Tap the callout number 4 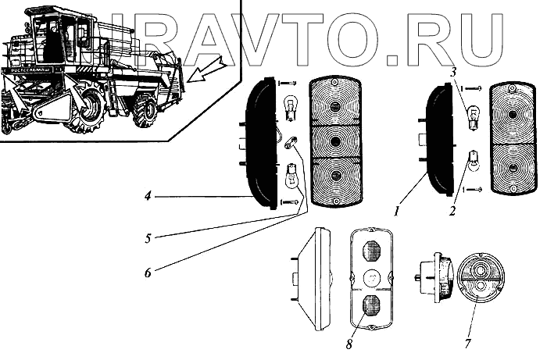coord(147,197)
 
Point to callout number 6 coord(147,272)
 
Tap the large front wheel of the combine coord(88,110)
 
